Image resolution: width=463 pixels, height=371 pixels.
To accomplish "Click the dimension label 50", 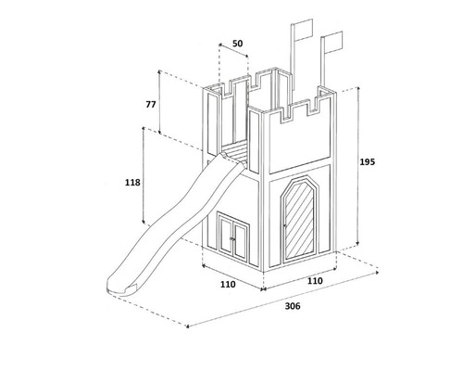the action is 237,44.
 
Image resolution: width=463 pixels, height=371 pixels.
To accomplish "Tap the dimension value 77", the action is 151,105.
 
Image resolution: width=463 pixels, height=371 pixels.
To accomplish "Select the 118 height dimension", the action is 132,183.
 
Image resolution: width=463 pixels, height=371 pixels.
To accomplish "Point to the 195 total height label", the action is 368,161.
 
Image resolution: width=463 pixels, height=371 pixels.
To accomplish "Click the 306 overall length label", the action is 293,306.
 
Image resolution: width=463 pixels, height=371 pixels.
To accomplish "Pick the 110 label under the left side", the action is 228,284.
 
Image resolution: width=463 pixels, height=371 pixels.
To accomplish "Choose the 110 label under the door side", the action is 315,281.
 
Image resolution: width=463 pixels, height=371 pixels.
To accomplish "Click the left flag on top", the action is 304,30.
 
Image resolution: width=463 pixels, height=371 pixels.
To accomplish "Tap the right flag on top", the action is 333,42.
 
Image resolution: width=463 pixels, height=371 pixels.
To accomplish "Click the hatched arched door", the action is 299,220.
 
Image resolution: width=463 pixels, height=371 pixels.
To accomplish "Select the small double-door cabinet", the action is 233,236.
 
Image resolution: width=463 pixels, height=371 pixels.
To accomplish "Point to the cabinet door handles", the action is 231,238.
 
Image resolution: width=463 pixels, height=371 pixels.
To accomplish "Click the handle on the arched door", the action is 284,225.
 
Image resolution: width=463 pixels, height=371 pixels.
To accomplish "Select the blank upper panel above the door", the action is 299,140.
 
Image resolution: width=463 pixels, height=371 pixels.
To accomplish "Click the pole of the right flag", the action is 322,61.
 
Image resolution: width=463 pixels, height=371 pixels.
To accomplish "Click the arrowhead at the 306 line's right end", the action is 377,273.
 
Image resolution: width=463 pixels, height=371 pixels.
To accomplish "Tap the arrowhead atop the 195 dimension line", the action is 358,89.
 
